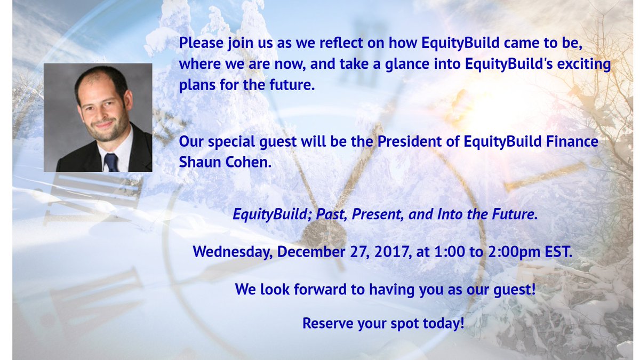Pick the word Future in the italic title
pyautogui.click(x=514, y=214)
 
